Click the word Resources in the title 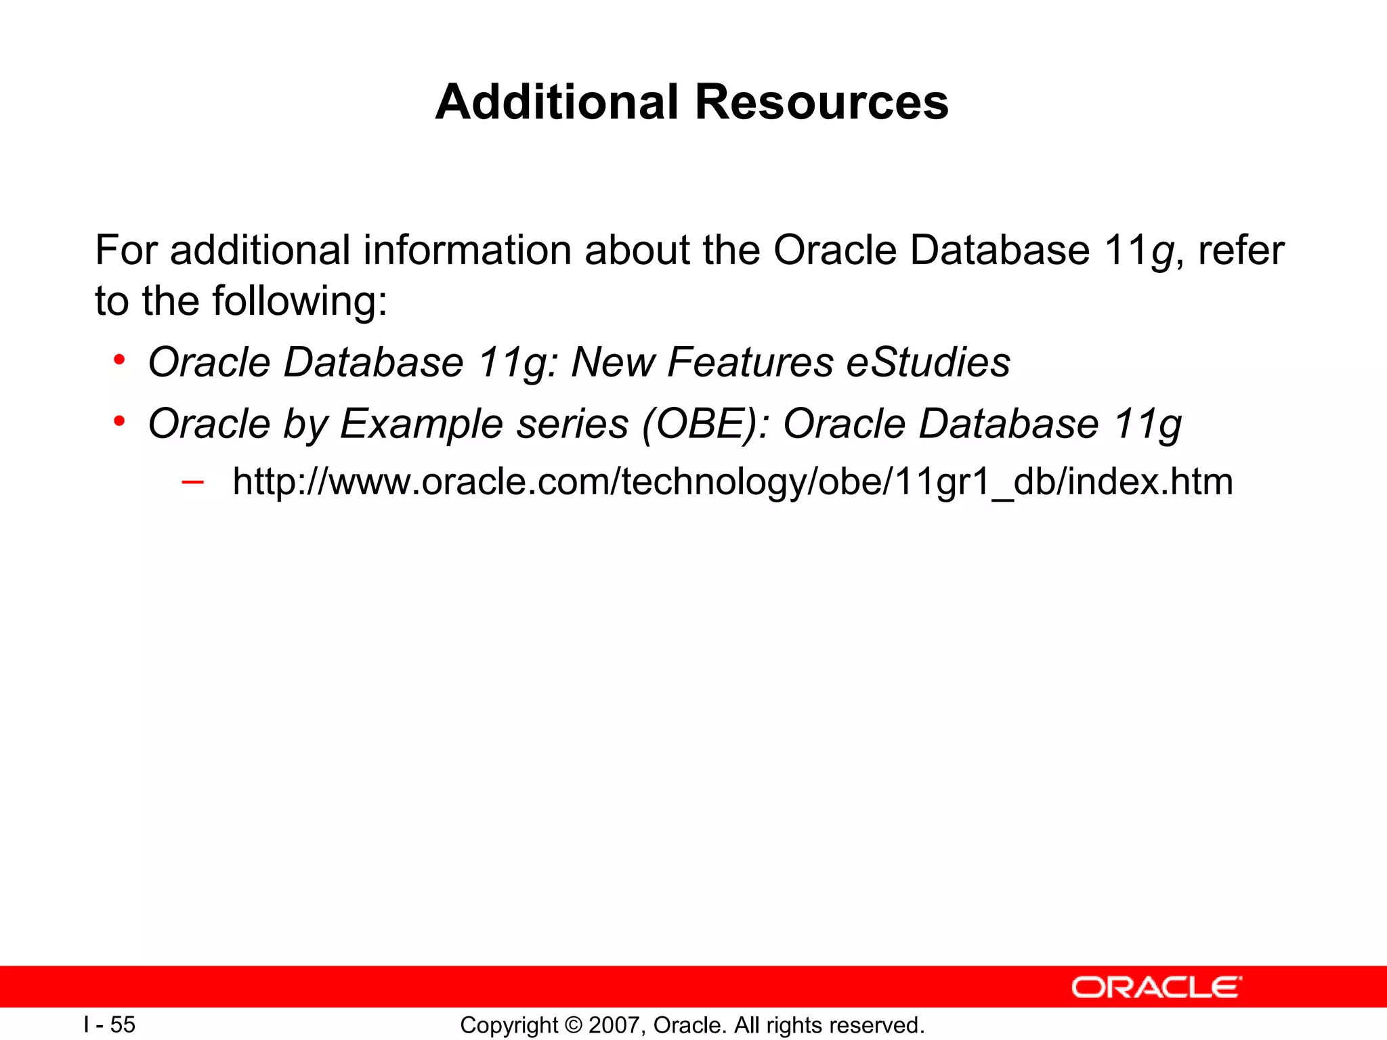[x=821, y=102]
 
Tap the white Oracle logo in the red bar [x=1156, y=988]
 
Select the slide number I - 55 [x=110, y=1024]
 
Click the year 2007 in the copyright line [x=612, y=1025]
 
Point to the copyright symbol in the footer [x=574, y=1025]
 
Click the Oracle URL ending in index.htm [x=732, y=482]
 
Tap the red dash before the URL [x=192, y=482]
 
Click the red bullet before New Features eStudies [x=119, y=360]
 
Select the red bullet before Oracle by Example [x=119, y=421]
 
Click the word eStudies [x=928, y=362]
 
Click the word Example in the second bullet [x=421, y=424]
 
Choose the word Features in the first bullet [x=750, y=362]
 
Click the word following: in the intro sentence [x=300, y=301]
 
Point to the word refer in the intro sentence [x=1241, y=250]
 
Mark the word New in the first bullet [x=613, y=362]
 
